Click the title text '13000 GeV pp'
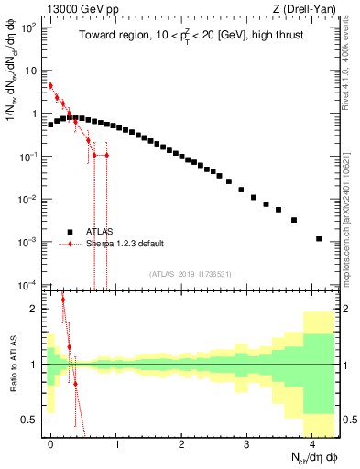(x=75, y=8)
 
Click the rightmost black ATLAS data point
(x=319, y=239)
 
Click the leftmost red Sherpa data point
(x=50, y=86)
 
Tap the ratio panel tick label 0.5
(x=28, y=420)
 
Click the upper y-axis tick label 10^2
(x=28, y=27)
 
